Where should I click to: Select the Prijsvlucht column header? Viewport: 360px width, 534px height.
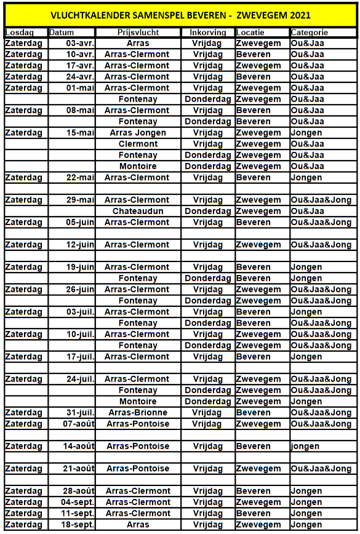[138, 32]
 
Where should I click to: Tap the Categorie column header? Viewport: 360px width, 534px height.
[310, 32]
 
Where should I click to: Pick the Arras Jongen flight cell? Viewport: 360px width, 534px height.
[138, 133]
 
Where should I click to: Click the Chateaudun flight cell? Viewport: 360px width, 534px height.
[138, 211]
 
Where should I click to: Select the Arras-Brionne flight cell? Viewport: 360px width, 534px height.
[138, 413]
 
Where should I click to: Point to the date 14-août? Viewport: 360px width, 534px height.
[79, 446]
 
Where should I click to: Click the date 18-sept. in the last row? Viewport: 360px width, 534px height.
[78, 525]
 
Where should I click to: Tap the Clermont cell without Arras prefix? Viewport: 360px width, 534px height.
[138, 144]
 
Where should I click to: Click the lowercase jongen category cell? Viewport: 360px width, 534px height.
[306, 446]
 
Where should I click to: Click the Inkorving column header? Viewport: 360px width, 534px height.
[207, 32]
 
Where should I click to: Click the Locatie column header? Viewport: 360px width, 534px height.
[252, 32]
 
